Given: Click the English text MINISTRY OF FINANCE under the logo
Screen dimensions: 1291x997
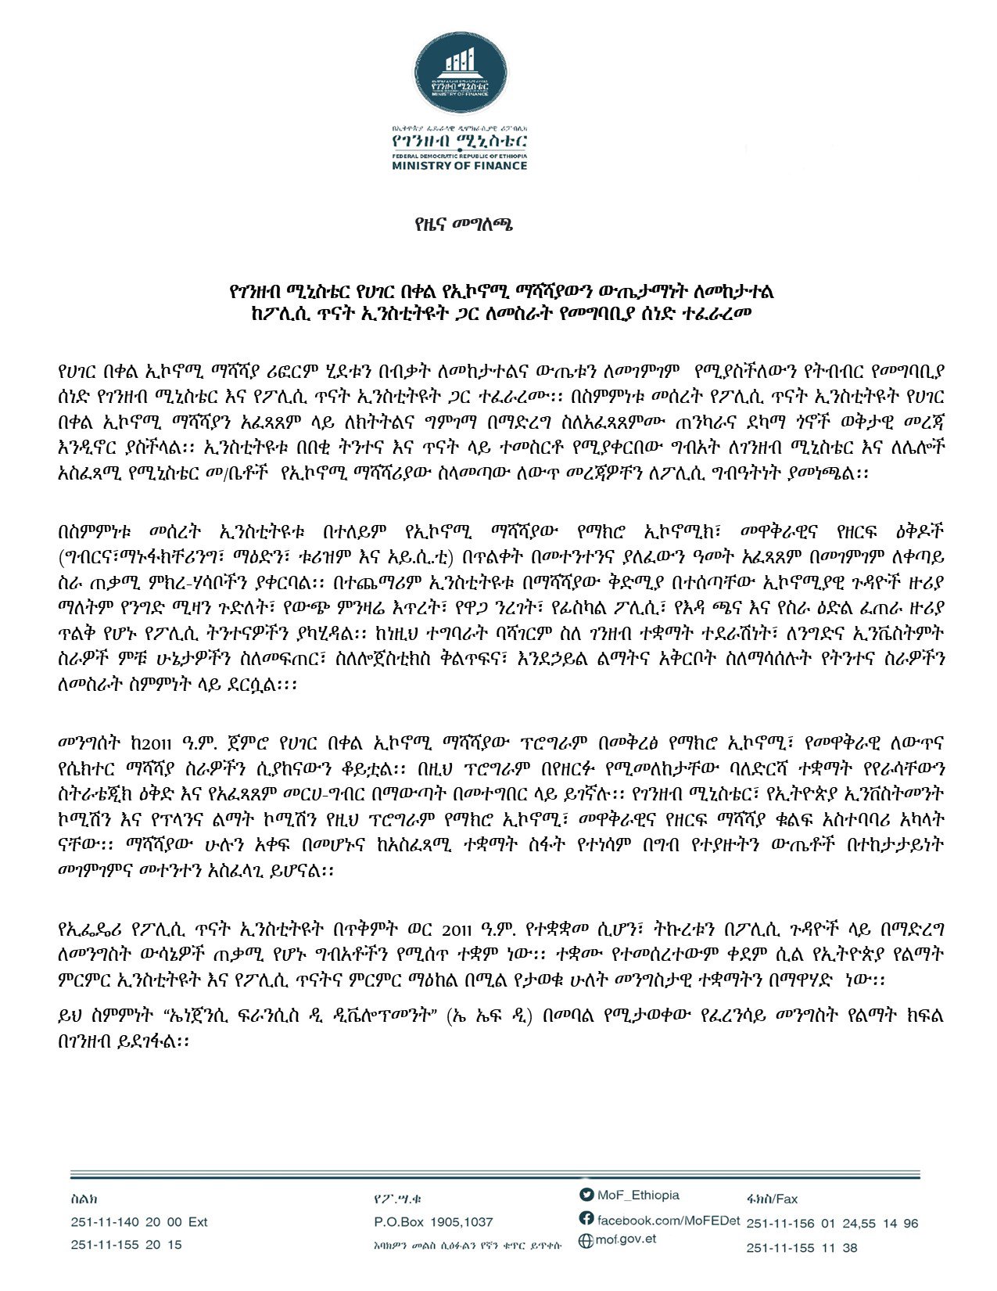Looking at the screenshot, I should pos(460,166).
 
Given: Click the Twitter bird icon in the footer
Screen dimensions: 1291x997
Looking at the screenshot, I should pos(586,1195).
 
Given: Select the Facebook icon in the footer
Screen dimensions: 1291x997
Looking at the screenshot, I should pos(586,1218).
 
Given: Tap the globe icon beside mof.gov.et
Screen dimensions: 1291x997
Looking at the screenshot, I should pos(585,1240).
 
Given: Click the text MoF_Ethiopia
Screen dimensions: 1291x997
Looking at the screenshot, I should pos(638,1195).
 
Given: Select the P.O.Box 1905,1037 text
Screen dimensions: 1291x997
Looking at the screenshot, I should pos(434,1222).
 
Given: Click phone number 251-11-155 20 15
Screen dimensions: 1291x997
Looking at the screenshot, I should pos(126,1244).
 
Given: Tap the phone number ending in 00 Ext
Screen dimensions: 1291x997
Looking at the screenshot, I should pos(139,1222).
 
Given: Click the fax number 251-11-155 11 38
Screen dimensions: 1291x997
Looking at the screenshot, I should pos(802,1247).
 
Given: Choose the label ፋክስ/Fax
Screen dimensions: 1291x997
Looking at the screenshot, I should pos(772,1199).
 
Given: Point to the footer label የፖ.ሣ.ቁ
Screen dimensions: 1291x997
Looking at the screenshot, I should pos(399,1199).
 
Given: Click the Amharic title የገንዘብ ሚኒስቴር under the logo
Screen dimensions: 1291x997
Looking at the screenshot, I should pos(460,140).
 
